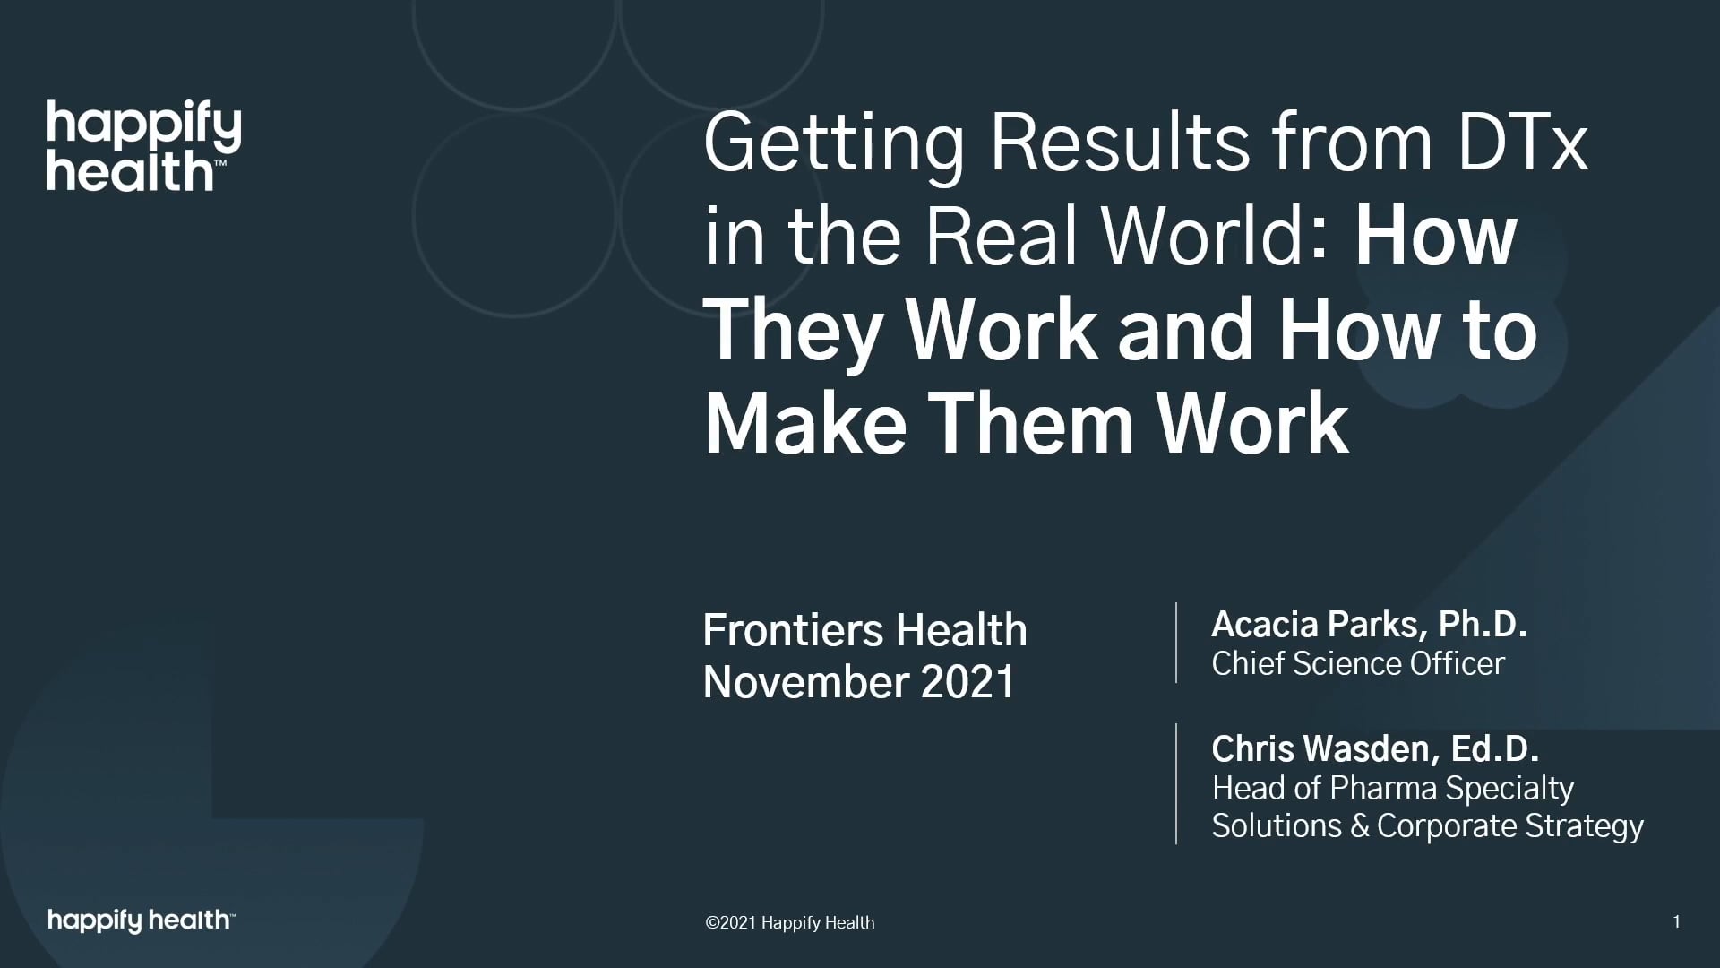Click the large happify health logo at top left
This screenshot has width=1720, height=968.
click(x=144, y=147)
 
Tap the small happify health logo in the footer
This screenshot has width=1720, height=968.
click(x=142, y=920)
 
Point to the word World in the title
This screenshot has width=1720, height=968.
click(x=1201, y=237)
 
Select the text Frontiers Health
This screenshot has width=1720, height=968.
click(x=864, y=630)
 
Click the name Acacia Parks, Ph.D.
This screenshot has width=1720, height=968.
click(x=1369, y=625)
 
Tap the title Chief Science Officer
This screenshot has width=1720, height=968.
click(x=1358, y=663)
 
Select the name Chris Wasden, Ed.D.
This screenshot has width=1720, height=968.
click(x=1375, y=748)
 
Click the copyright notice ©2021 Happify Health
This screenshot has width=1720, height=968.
click(x=790, y=922)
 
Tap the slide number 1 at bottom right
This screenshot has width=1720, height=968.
click(x=1676, y=921)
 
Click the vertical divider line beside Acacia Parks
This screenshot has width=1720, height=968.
click(x=1176, y=643)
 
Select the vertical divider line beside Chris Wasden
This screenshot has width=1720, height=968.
click(x=1176, y=783)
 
